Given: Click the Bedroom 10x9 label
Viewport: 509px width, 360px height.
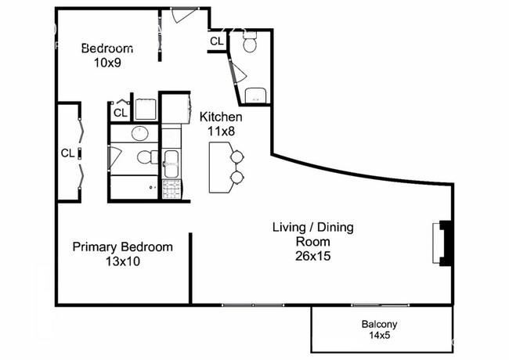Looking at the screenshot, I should pyautogui.click(x=107, y=54).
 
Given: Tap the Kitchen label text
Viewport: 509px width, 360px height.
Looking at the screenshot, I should pyautogui.click(x=221, y=124).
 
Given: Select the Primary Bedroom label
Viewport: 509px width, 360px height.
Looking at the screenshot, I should pyautogui.click(x=123, y=254).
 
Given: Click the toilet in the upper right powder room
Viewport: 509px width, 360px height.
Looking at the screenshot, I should pyautogui.click(x=250, y=45).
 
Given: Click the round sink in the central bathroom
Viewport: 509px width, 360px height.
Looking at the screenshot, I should pyautogui.click(x=141, y=132).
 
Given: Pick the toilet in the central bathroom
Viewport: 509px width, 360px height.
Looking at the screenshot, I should pyautogui.click(x=146, y=157).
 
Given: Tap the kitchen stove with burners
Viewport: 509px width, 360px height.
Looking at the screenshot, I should pyautogui.click(x=171, y=189).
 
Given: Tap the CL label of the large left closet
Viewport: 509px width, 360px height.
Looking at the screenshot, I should pyautogui.click(x=68, y=153).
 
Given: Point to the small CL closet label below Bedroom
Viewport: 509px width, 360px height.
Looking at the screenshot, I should pyautogui.click(x=120, y=113).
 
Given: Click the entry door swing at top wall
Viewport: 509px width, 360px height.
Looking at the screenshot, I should pyautogui.click(x=183, y=16).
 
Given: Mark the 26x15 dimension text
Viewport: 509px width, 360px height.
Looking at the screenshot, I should pyautogui.click(x=312, y=255).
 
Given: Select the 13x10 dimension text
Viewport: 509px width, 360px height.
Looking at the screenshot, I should pyautogui.click(x=123, y=261).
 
